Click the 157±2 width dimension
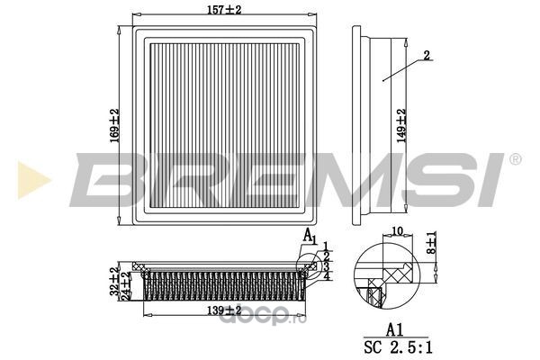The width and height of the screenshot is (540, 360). tap(224, 10)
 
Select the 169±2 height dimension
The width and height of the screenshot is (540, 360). tap(114, 125)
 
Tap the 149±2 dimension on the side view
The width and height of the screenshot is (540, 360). tap(401, 126)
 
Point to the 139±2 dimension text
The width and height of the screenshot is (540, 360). tap(224, 310)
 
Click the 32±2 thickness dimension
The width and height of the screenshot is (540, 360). tap(114, 282)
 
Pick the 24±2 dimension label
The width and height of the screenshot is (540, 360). tap(126, 285)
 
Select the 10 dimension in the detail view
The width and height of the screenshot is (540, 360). tap(397, 230)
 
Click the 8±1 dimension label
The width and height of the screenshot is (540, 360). tap(431, 242)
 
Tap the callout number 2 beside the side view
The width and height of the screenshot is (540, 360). tap(427, 55)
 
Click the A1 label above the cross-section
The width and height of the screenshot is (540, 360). tap(310, 237)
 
